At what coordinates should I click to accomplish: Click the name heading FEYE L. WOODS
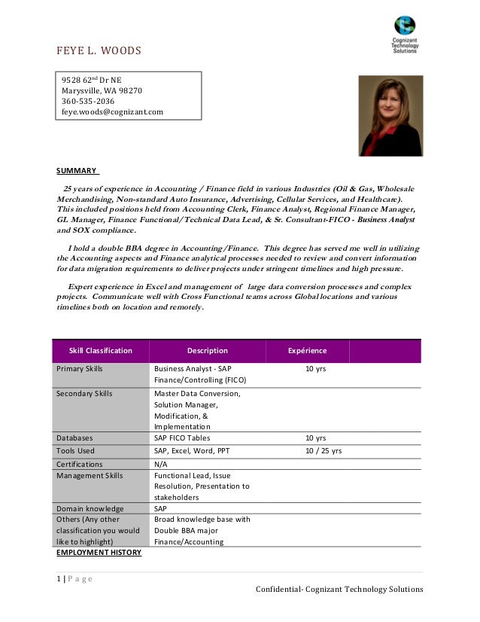tap(99, 51)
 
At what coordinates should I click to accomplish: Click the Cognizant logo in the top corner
tap(405, 34)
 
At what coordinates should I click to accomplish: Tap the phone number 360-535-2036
tap(88, 101)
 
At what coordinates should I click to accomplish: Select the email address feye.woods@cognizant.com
tap(112, 111)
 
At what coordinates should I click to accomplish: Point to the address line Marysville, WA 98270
tap(102, 90)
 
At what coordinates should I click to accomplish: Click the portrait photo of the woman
tap(390, 115)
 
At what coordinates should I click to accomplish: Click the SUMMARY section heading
tap(77, 170)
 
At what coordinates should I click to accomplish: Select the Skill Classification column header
tap(100, 351)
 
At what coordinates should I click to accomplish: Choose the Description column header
tap(207, 351)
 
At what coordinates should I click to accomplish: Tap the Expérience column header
tap(308, 351)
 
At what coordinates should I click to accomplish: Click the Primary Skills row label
tap(80, 369)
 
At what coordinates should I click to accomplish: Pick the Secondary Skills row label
tap(84, 394)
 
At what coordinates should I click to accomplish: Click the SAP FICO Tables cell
tap(182, 438)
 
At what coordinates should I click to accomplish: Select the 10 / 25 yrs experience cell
tap(324, 451)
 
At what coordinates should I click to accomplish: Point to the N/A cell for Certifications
tap(160, 465)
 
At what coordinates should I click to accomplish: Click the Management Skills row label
tap(90, 476)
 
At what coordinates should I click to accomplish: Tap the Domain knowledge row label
tap(90, 509)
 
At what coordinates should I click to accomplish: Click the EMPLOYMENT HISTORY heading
tap(99, 553)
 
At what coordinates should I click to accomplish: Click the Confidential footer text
tap(339, 589)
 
